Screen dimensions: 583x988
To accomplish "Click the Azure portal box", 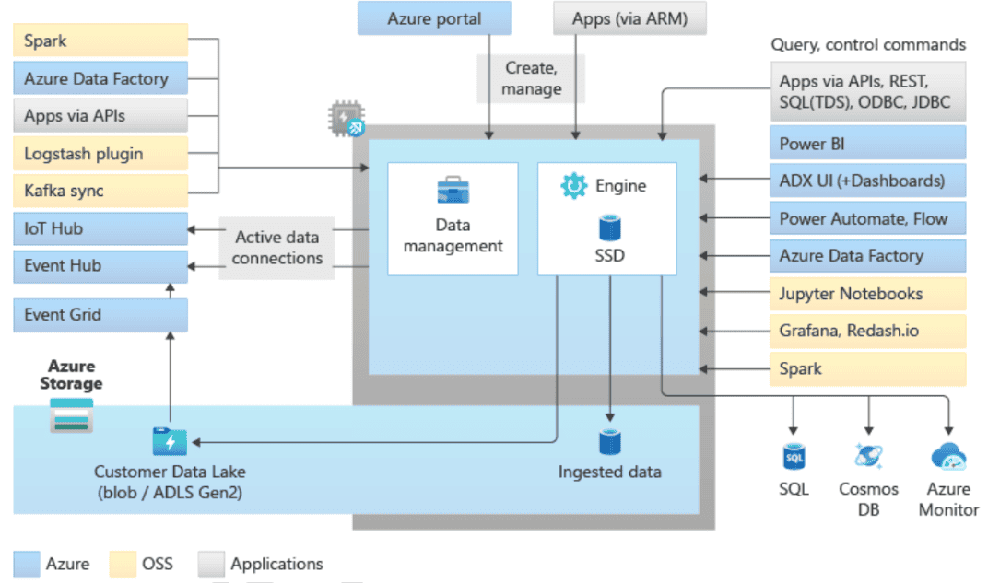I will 433,18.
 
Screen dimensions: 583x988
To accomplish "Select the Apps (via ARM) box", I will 629,18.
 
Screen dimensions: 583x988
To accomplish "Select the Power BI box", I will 867,144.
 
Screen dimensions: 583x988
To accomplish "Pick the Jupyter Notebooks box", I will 867,294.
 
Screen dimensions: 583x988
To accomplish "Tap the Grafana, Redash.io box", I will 867,331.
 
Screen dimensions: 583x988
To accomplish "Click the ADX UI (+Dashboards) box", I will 867,181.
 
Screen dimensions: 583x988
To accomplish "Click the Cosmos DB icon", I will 868,455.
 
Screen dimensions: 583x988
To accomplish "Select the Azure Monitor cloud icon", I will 948,456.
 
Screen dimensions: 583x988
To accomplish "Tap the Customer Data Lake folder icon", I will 170,442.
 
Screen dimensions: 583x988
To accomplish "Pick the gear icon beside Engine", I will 573,186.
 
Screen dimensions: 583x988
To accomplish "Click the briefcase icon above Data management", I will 453,191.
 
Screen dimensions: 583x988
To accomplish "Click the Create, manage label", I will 533,78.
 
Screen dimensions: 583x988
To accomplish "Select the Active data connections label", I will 277,248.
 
